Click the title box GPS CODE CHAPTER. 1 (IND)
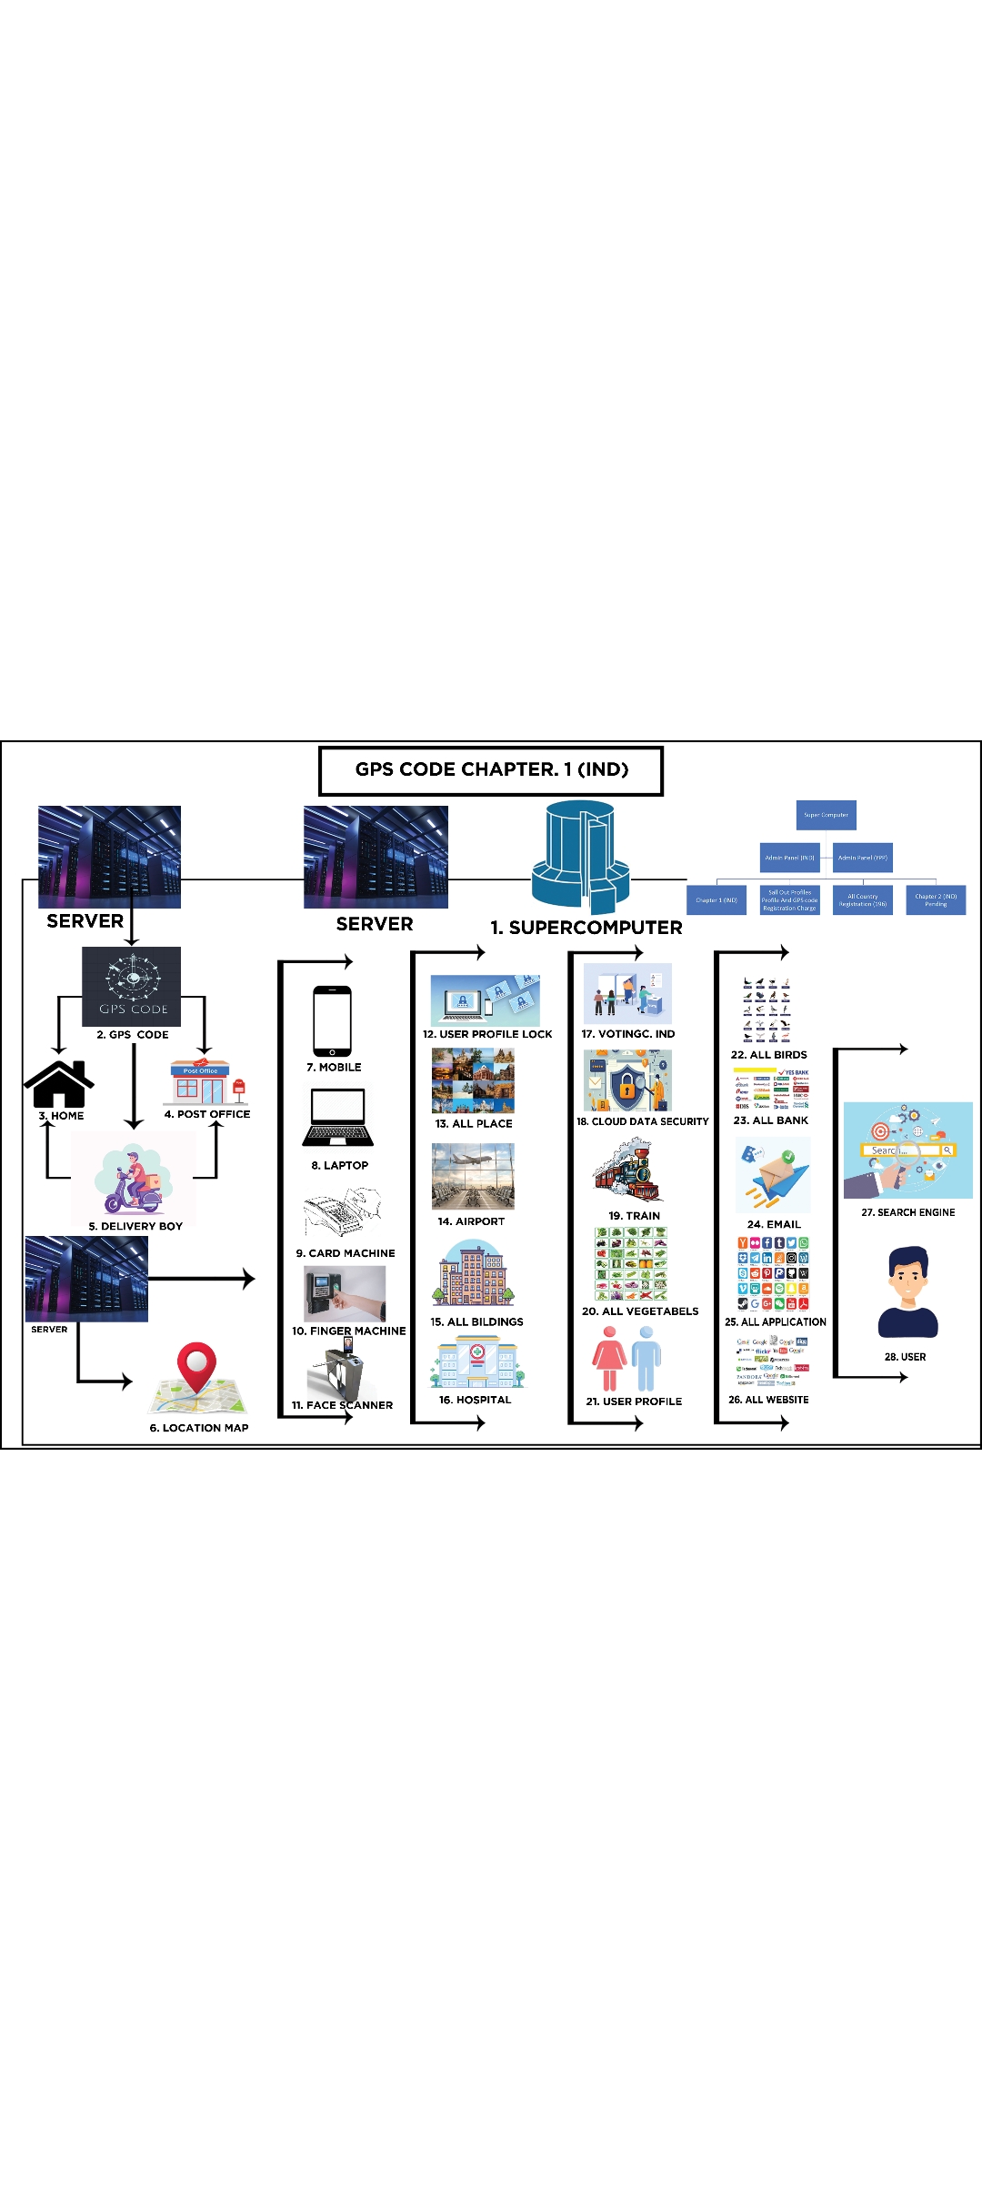click(491, 770)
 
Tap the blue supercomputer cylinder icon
click(580, 856)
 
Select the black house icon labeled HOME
click(59, 1084)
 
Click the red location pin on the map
click(196, 1367)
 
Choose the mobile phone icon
click(332, 1020)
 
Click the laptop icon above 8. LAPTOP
click(338, 1117)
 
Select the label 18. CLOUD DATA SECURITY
click(642, 1121)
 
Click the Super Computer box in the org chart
click(826, 815)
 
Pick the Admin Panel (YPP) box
click(862, 857)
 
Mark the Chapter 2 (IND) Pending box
click(936, 900)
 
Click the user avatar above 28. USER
click(907, 1292)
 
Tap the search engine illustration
click(907, 1150)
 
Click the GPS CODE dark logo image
click(132, 987)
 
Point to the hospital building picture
click(477, 1362)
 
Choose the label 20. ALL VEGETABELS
click(640, 1311)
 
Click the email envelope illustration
click(773, 1174)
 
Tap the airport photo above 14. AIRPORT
click(473, 1177)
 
